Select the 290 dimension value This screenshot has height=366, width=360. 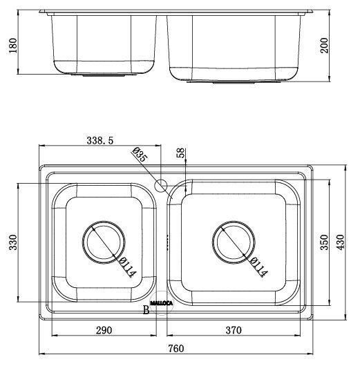(x=104, y=331)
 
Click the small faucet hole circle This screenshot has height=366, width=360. (x=162, y=185)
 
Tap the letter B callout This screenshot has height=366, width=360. (x=146, y=311)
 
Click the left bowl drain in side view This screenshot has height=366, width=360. (x=104, y=74)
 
